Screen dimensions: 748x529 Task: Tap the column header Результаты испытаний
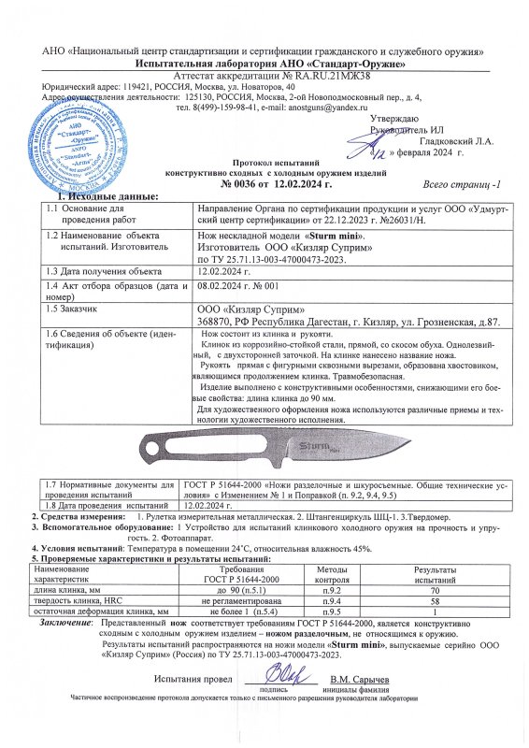pos(434,574)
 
